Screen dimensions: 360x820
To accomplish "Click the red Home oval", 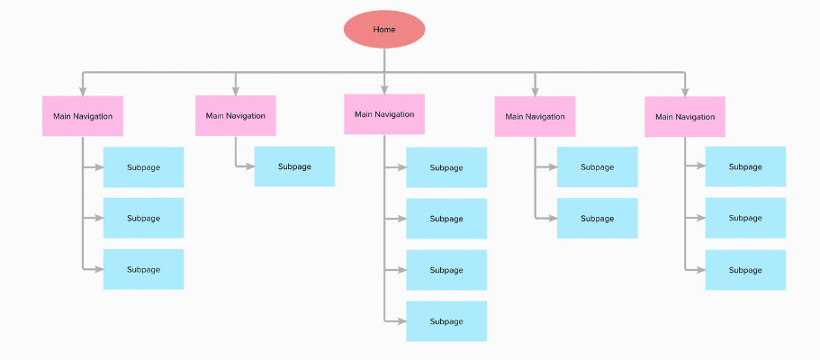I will pos(384,29).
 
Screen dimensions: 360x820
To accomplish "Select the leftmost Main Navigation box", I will pos(83,116).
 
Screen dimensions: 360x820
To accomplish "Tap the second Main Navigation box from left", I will pos(236,116).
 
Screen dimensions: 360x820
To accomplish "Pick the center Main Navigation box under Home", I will pos(384,114).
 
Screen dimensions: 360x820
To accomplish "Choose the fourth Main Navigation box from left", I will pos(535,117).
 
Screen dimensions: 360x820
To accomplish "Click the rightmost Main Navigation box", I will pos(685,117).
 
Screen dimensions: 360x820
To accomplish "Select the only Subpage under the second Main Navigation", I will pos(294,166).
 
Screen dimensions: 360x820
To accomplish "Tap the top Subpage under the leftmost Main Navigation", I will pos(143,167).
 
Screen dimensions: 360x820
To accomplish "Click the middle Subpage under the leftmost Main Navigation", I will pos(143,218).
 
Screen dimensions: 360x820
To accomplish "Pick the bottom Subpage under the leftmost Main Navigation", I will pos(143,269).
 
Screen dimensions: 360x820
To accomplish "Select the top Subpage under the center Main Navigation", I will pos(446,167).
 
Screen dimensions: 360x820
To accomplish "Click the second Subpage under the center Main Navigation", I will pos(446,219).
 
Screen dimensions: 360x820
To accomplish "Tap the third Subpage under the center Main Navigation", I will pos(446,270).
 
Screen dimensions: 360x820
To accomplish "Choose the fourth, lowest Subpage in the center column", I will pos(446,321).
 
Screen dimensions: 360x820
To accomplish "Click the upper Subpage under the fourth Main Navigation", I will pos(597,166).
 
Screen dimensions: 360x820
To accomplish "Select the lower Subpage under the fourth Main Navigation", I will pos(597,219).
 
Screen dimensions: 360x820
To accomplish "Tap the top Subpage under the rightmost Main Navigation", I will pos(745,166).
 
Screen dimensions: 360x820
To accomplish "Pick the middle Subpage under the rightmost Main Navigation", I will pos(745,218).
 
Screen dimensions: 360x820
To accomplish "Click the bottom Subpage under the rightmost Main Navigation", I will pos(745,270).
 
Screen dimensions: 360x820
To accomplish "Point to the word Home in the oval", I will pos(384,30).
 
